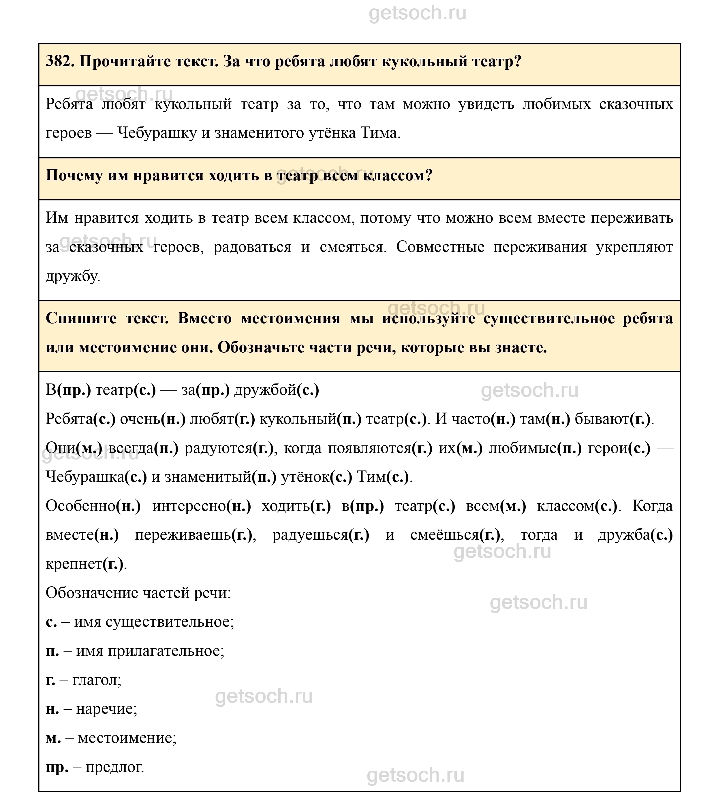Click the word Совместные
click(440, 247)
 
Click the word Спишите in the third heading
click(81, 318)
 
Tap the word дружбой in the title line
click(265, 390)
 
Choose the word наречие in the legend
click(106, 709)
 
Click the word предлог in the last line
click(114, 767)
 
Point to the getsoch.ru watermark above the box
click(417, 13)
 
